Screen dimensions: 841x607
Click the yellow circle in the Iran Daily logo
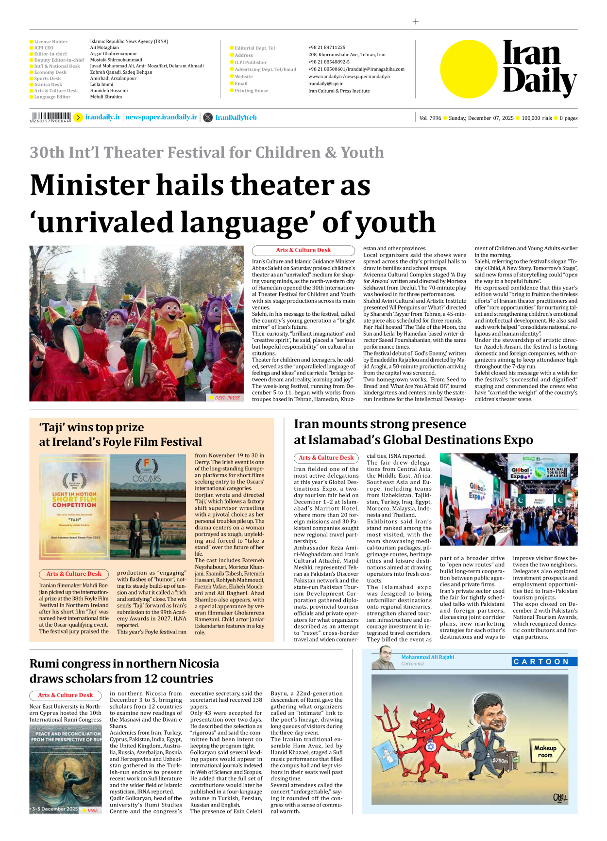[469, 69]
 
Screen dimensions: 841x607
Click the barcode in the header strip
[51, 117]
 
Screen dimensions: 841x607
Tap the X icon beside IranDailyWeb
[208, 117]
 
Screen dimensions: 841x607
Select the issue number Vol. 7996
[430, 118]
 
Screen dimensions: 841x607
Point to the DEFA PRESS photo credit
[227, 398]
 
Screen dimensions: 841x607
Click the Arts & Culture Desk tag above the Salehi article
[303, 250]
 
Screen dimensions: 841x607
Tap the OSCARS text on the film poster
[147, 478]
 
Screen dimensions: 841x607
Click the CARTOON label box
[544, 662]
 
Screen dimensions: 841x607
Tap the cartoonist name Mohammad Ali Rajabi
[427, 657]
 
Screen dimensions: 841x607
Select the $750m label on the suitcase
[500, 760]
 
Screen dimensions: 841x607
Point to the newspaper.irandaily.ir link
[161, 117]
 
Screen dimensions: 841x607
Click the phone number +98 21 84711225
[327, 48]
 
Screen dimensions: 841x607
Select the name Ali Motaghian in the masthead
[104, 48]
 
